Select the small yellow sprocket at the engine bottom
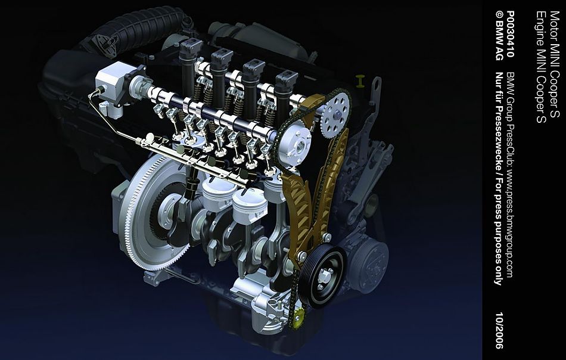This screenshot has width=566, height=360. point(298,318)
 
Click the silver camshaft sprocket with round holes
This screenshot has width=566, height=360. point(335,114)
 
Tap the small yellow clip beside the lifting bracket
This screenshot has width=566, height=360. point(360,81)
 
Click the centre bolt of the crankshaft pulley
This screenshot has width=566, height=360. point(324,276)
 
